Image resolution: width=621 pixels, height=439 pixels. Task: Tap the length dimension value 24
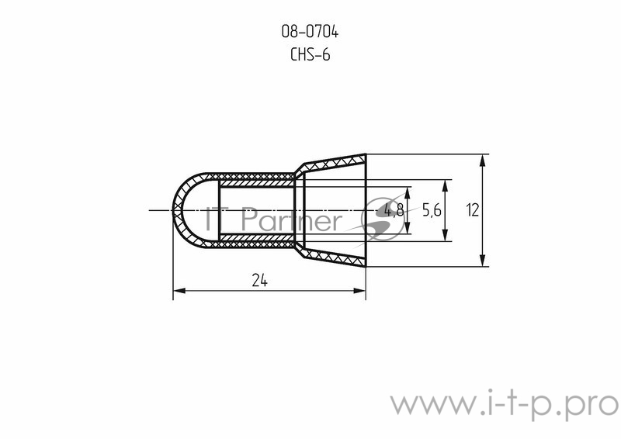coord(259,282)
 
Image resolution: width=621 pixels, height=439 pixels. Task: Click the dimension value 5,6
coord(431,209)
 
